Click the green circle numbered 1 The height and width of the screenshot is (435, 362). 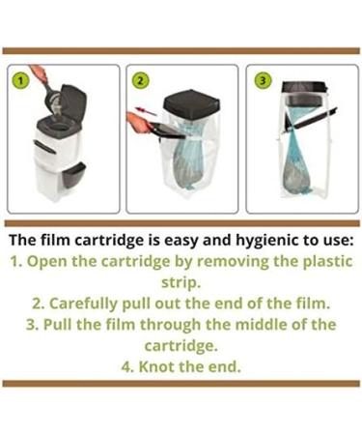click(x=16, y=80)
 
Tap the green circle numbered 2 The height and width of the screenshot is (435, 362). click(x=140, y=80)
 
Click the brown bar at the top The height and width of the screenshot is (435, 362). click(x=181, y=50)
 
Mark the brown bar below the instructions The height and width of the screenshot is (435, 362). click(x=181, y=384)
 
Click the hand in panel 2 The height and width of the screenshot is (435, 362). click(x=135, y=122)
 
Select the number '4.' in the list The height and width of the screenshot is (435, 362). click(x=129, y=365)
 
